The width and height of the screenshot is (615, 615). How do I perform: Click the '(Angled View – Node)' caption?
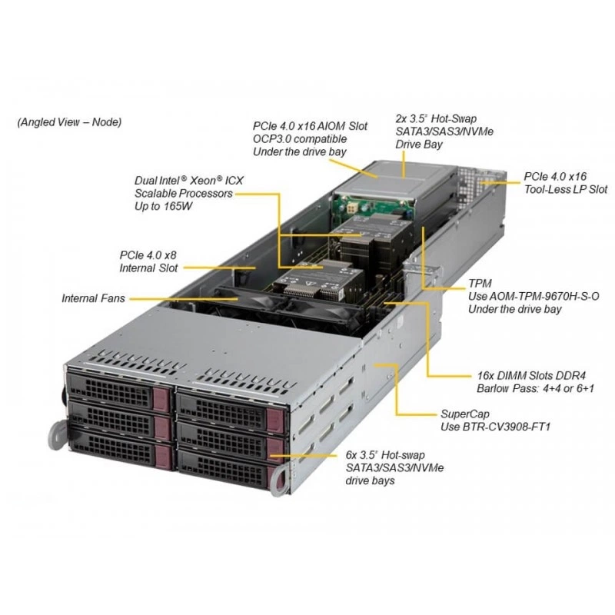click(69, 122)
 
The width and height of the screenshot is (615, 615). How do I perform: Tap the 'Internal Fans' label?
click(93, 298)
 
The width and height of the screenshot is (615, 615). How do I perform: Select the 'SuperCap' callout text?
click(465, 414)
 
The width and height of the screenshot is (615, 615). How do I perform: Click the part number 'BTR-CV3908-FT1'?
click(507, 427)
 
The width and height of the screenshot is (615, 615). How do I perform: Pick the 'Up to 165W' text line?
click(163, 206)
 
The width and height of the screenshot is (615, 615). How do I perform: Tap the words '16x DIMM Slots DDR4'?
click(531, 376)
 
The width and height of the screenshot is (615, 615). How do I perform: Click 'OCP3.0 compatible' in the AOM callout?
click(300, 139)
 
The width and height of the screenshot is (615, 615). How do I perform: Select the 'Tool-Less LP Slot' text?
click(566, 189)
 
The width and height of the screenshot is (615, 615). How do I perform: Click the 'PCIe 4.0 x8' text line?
click(148, 255)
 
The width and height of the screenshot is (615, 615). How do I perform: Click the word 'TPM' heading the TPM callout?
click(480, 284)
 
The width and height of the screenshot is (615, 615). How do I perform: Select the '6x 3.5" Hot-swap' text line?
click(385, 455)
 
